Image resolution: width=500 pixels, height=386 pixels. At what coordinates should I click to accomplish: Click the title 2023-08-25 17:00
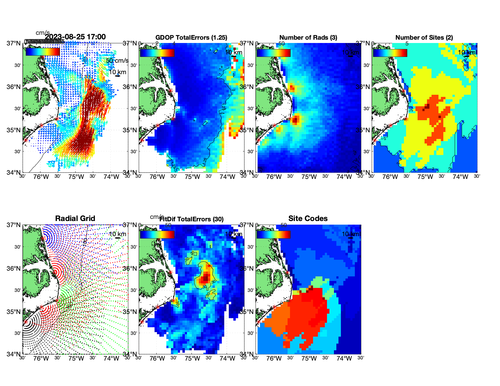(75, 37)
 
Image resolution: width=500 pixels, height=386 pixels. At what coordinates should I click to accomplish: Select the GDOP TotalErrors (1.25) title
(191, 38)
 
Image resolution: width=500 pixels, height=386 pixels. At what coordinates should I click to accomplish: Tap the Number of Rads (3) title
(308, 38)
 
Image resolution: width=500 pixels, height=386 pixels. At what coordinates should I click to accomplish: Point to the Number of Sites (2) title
(424, 38)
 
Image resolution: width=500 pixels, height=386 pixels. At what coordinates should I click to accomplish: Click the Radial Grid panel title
(75, 219)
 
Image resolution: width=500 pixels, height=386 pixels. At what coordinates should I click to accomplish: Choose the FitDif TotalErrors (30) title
(192, 219)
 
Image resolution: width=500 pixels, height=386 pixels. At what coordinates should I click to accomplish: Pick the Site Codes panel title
(308, 219)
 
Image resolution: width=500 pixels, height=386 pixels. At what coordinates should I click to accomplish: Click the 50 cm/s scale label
(117, 61)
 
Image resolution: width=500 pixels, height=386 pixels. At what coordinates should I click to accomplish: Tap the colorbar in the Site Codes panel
(273, 234)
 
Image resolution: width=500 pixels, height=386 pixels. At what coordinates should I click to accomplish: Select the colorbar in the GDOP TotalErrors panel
(157, 53)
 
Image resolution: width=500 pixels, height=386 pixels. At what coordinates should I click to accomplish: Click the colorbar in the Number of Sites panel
(390, 53)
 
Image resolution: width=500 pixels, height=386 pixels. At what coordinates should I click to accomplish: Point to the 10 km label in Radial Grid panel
(117, 234)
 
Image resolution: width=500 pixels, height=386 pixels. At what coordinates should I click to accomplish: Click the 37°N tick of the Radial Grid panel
(14, 225)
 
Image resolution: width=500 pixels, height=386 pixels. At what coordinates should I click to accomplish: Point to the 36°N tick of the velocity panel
(14, 87)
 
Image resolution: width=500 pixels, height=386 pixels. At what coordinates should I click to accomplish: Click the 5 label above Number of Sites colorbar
(407, 44)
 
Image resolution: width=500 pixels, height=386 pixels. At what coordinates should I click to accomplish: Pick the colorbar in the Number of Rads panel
(273, 53)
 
